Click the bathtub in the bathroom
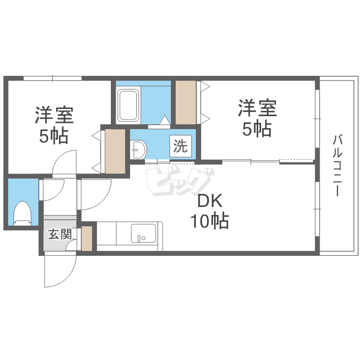pyautogui.click(x=128, y=104)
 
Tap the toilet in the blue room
pyautogui.click(x=22, y=211)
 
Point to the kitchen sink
pyautogui.click(x=144, y=235)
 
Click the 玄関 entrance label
pyautogui.click(x=60, y=235)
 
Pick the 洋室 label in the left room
pyautogui.click(x=53, y=115)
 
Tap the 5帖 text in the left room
pyautogui.click(x=53, y=136)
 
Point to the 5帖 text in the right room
pyautogui.click(x=257, y=129)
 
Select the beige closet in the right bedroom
pyautogui.click(x=186, y=102)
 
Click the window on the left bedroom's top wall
pyautogui.click(x=52, y=78)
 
